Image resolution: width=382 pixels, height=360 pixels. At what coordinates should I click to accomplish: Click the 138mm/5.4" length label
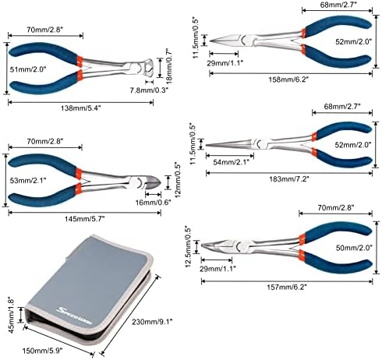click(80, 108)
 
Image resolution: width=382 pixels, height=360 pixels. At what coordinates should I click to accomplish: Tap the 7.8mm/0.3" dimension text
click(149, 90)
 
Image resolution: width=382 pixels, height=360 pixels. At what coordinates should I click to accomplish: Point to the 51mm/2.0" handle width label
click(28, 69)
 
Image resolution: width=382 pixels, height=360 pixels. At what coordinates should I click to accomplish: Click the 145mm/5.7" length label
click(84, 219)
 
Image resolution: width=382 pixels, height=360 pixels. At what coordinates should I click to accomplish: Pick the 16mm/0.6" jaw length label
click(154, 203)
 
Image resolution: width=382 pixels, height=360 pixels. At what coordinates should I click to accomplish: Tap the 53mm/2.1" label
click(28, 180)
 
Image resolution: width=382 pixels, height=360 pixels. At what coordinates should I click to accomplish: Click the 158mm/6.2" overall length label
click(288, 79)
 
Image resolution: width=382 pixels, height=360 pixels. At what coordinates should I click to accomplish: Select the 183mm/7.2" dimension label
click(289, 179)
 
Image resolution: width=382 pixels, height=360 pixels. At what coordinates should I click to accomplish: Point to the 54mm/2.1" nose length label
click(231, 162)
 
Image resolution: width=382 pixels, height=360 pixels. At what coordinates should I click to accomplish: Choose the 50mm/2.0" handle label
click(354, 248)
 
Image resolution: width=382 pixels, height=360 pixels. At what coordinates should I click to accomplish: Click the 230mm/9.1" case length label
click(152, 322)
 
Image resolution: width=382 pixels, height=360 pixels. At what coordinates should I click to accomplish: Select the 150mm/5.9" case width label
click(43, 351)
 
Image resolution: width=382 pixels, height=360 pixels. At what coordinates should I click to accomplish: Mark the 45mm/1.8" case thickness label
click(12, 315)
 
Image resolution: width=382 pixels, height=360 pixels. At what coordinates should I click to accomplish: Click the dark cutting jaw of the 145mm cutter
click(153, 182)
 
